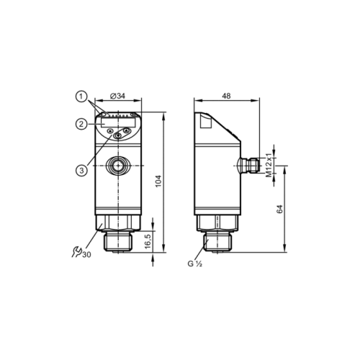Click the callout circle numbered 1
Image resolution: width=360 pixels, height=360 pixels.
(83, 95)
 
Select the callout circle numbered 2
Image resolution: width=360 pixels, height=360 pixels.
(83, 125)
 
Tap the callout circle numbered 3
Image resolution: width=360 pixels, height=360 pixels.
(83, 170)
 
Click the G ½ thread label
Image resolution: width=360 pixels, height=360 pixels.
(195, 264)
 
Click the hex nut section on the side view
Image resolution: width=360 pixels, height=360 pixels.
(216, 221)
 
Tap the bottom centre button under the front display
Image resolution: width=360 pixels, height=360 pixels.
(117, 135)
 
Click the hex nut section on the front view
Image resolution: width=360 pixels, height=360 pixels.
(117, 221)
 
